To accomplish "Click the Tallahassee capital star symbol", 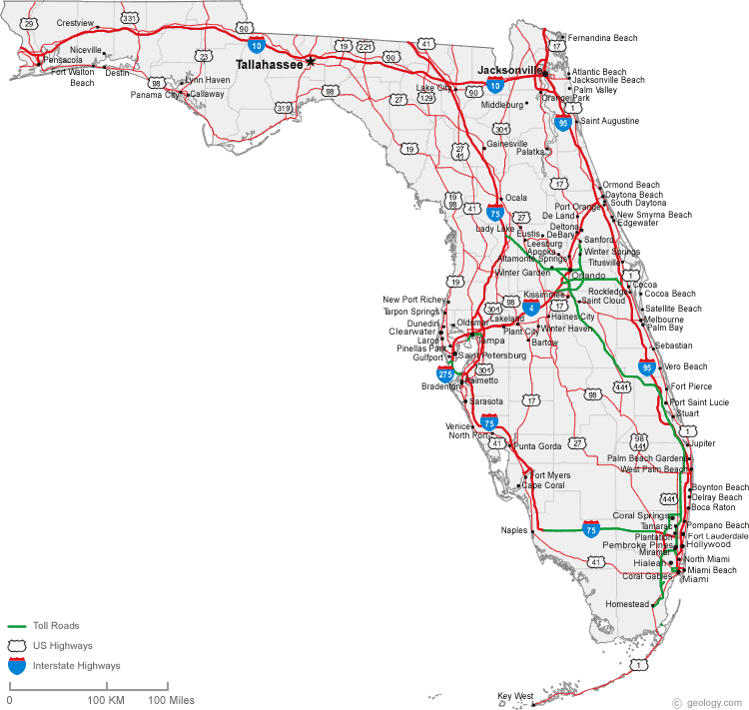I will [x=311, y=62].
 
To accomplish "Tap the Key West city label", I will [x=515, y=696].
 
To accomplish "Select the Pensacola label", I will [x=63, y=60].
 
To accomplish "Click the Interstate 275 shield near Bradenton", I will [x=445, y=374].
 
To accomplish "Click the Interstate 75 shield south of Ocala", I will [x=495, y=212].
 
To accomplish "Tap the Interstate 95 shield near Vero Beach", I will [x=647, y=367].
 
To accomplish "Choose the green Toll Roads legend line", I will [x=17, y=626].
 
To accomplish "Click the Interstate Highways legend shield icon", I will [x=17, y=665].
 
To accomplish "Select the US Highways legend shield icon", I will [x=17, y=645].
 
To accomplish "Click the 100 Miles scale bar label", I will [x=171, y=700].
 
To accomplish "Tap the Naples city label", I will [x=513, y=530].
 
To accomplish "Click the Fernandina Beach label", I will [x=602, y=38].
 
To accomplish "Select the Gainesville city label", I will [x=506, y=144].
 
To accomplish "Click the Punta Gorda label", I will [x=537, y=445].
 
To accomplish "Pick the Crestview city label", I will [x=75, y=22].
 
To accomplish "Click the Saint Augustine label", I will [x=609, y=121].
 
